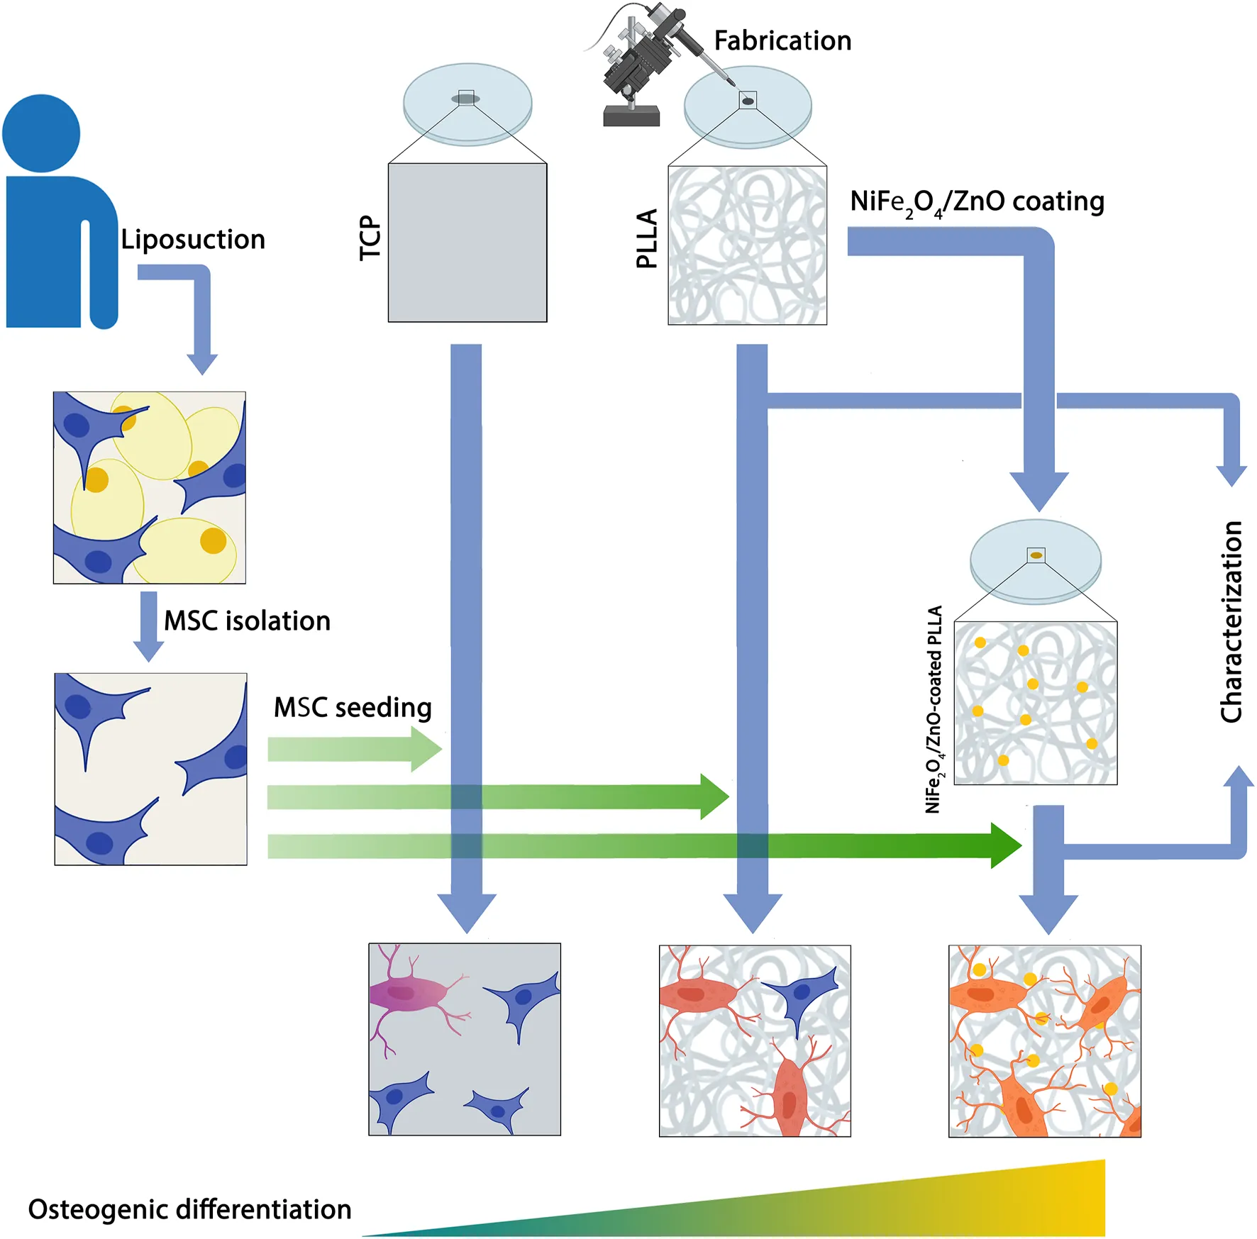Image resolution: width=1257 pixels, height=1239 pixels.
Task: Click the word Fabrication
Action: [782, 41]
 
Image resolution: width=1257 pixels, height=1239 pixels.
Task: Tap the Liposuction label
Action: [193, 240]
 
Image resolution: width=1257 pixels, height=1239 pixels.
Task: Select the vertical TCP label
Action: [370, 238]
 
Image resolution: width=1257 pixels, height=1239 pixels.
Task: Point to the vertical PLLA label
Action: [647, 238]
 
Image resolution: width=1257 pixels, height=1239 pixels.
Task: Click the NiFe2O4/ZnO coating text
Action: [977, 202]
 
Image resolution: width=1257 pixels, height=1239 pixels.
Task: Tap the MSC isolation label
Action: [247, 621]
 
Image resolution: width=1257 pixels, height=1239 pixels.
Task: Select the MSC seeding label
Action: [353, 707]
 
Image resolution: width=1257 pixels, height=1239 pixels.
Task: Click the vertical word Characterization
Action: [1231, 622]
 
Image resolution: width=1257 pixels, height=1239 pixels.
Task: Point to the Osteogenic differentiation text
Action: [189, 1209]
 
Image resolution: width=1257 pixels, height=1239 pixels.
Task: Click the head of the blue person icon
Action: [41, 133]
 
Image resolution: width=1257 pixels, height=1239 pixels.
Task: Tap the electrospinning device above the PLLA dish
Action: [642, 64]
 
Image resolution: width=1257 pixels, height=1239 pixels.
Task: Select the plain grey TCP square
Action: [467, 243]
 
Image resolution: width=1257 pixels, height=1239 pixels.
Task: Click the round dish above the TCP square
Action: [467, 104]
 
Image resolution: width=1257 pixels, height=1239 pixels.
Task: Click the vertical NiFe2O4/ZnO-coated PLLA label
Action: [934, 709]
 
